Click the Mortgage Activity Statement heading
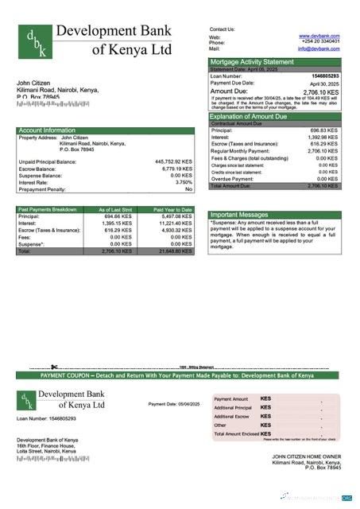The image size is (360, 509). pyautogui.click(x=251, y=61)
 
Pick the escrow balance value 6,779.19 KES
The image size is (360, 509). pyautogui.click(x=175, y=169)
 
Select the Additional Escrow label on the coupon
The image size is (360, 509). pyautogui.click(x=232, y=416)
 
